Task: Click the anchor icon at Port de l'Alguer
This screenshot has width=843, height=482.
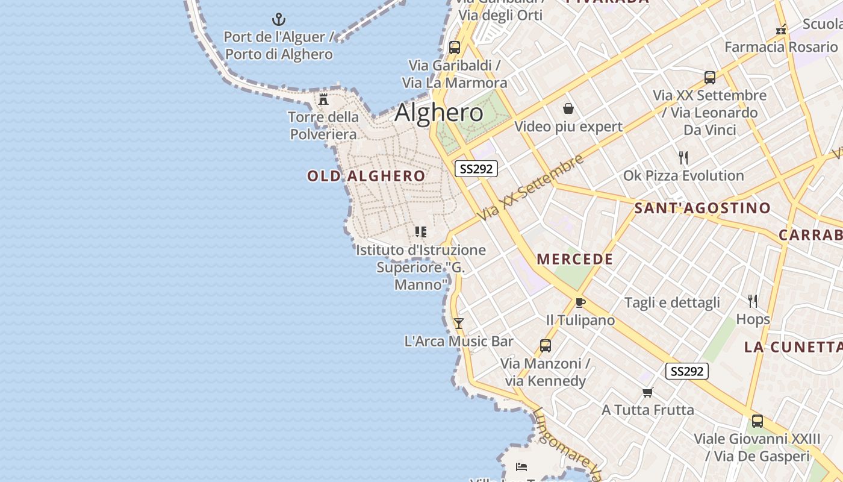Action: [278, 19]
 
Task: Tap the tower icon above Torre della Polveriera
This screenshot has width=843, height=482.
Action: [323, 99]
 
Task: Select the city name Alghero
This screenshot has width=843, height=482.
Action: [439, 113]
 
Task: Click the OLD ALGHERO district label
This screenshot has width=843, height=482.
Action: [366, 176]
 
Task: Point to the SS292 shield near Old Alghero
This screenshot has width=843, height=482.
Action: [476, 169]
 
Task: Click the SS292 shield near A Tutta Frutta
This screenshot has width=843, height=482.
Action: [686, 371]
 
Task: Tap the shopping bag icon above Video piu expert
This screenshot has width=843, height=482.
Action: [568, 108]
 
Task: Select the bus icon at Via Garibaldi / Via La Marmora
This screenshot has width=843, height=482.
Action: [455, 47]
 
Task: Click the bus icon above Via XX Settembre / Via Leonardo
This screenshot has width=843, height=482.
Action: [710, 77]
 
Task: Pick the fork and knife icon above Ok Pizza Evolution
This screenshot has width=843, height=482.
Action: [683, 158]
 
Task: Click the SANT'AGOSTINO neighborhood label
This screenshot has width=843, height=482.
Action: [702, 208]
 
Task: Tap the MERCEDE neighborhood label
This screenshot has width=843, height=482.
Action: [575, 260]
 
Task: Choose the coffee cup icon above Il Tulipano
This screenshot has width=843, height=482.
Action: [580, 302]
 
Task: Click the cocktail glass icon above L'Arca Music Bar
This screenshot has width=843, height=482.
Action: [459, 324]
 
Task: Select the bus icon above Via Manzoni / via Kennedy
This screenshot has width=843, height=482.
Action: [546, 346]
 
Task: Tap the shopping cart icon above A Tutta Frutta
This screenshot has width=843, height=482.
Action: [648, 393]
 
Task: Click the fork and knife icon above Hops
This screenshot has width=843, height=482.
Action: [753, 301]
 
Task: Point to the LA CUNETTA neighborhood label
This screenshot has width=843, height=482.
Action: [793, 347]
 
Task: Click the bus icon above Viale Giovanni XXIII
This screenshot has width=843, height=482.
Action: [757, 421]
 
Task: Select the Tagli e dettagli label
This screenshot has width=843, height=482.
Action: [672, 302]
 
